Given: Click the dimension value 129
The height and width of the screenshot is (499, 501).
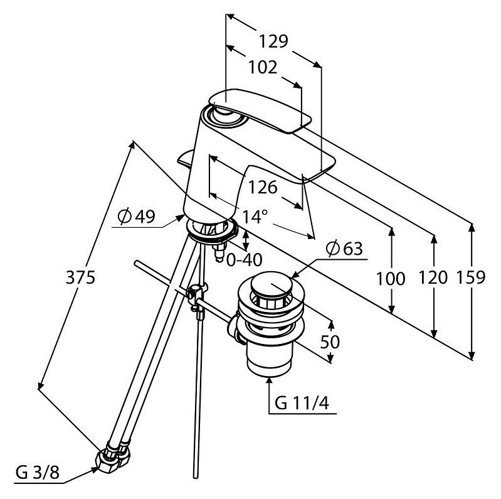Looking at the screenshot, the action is point(273,41).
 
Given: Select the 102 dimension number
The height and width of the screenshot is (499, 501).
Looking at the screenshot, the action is point(263,68).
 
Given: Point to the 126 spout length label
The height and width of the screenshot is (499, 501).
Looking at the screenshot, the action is point(263,187).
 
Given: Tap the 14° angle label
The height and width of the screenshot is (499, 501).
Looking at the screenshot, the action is point(255,217).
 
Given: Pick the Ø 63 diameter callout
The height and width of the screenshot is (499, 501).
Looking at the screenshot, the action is point(344,248).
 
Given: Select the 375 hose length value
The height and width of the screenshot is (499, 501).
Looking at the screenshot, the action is point(80,277).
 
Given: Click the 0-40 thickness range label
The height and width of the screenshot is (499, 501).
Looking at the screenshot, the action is point(245,260).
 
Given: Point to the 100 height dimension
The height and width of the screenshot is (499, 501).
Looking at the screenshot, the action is point(391,278).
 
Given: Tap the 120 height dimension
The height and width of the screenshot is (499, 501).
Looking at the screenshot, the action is point(433,277).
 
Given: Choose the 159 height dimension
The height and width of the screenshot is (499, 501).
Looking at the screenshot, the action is point(471,277).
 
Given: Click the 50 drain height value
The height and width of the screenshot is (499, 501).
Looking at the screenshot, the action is point(330,341).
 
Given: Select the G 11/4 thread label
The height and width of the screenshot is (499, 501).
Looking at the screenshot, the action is point(302,404).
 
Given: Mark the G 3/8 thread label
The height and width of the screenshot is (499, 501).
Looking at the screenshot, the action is point(38,473).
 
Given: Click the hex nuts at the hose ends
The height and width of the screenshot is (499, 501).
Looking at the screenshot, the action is point(113,455).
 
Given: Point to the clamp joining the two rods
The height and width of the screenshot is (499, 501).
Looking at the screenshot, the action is point(197,295).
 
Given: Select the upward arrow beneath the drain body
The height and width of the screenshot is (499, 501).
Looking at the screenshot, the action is point(269,395).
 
